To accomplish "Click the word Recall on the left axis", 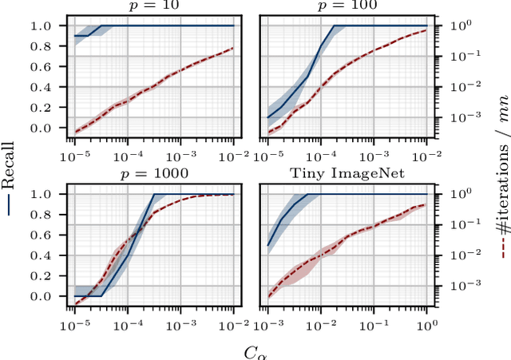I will [10, 180].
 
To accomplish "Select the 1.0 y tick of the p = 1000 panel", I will [50, 194].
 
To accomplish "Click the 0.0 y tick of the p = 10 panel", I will [50, 128].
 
